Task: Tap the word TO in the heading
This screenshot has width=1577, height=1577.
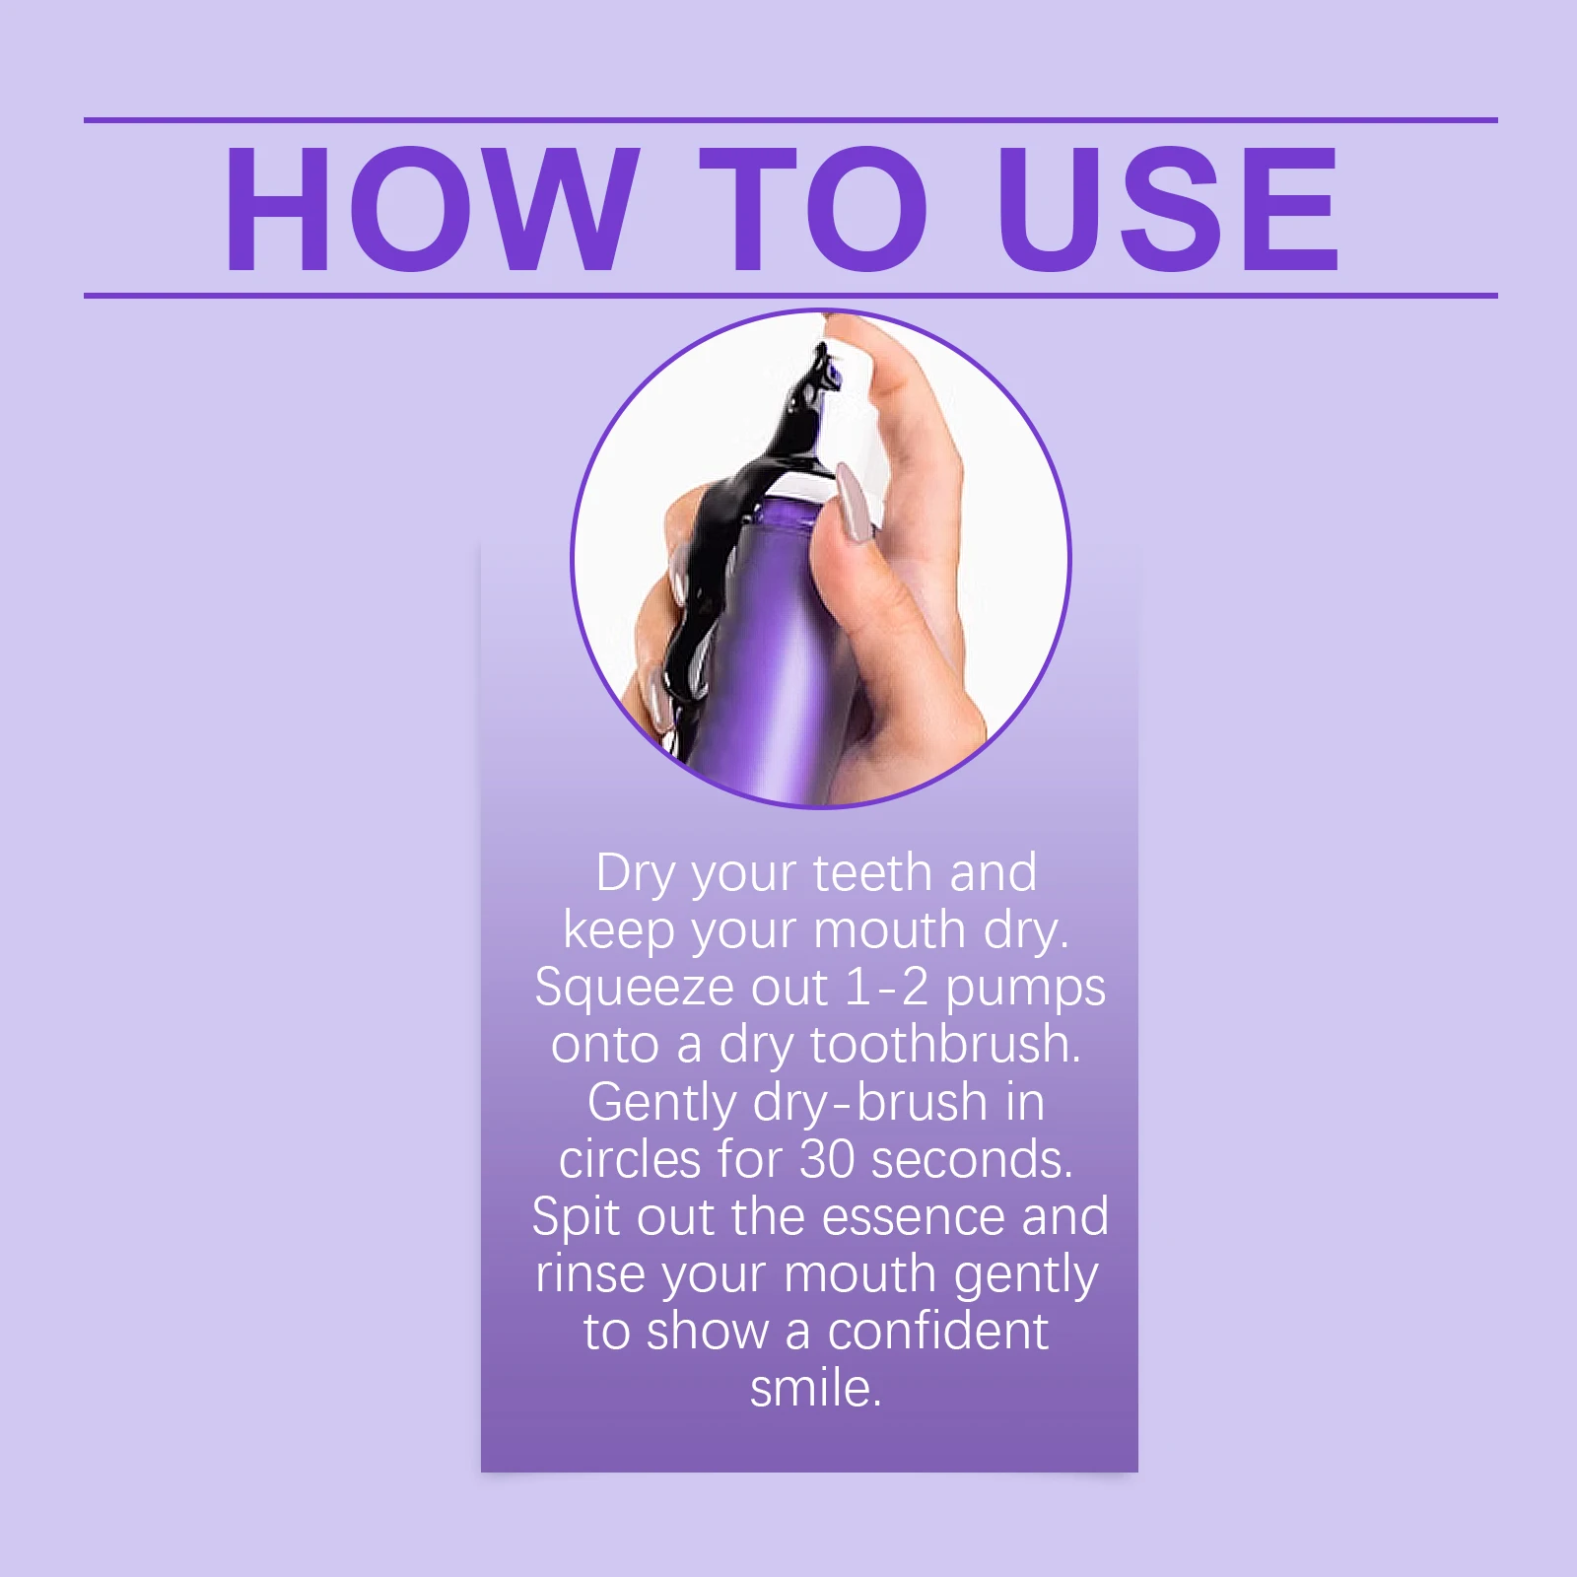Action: (814, 208)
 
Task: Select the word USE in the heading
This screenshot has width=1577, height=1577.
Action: (1169, 208)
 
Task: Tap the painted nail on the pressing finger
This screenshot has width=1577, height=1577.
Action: (854, 503)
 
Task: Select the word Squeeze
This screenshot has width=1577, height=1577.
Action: (634, 989)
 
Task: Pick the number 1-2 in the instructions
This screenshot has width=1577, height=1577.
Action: (887, 988)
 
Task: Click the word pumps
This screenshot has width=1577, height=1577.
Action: (1025, 991)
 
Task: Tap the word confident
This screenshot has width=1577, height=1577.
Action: (937, 1332)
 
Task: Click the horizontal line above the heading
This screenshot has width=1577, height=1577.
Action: (790, 120)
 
